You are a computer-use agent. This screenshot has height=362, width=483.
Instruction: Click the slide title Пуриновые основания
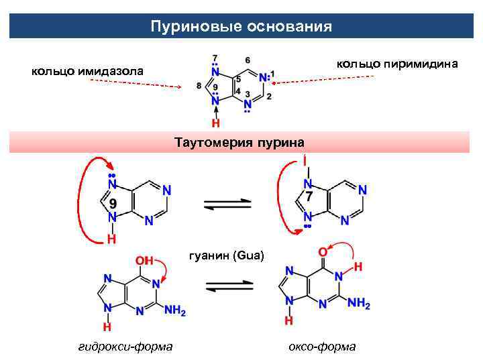[x=241, y=27]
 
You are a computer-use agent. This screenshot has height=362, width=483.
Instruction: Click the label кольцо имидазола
[x=88, y=70]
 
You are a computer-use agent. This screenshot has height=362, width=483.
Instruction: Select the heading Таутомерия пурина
[x=239, y=142]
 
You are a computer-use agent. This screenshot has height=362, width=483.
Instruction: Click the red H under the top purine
[x=215, y=123]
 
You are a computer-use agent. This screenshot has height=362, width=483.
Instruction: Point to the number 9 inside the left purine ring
[x=113, y=203]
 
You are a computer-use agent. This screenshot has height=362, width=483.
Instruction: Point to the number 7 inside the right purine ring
[x=309, y=198]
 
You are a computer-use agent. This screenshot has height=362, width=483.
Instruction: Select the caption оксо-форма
[x=322, y=346]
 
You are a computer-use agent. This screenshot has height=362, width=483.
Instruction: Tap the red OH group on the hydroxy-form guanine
[x=144, y=259]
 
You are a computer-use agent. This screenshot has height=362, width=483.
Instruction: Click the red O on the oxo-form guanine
[x=323, y=251]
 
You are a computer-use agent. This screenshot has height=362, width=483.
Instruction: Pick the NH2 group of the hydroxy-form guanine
[x=174, y=310]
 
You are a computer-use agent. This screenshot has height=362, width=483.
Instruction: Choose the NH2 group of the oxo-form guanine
[x=359, y=304]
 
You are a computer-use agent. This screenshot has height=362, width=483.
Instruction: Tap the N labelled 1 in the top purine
[x=264, y=77]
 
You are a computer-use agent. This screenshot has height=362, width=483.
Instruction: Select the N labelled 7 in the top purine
[x=215, y=70]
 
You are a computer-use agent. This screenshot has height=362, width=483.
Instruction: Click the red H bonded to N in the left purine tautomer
[x=111, y=238]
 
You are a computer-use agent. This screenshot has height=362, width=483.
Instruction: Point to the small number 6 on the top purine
[x=248, y=59]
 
